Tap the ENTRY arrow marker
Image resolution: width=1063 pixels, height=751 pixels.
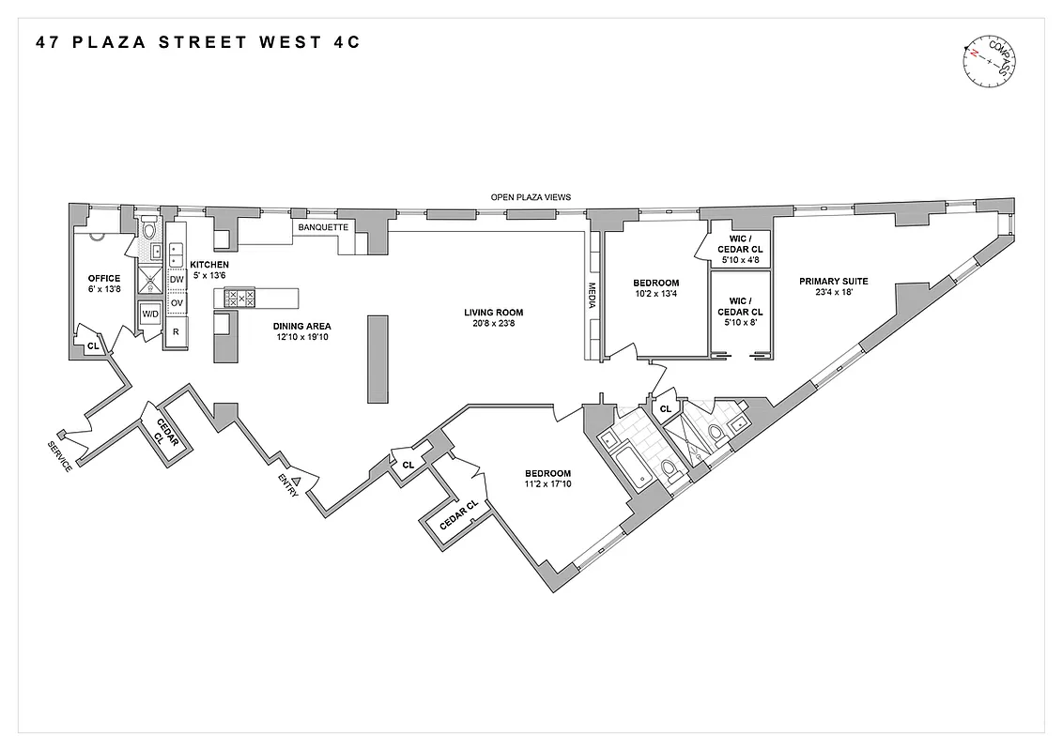coord(297,480)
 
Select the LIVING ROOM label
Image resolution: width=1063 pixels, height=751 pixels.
coord(493,313)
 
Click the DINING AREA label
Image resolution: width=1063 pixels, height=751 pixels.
coord(301,327)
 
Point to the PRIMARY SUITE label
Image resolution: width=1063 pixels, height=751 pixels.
coord(833,281)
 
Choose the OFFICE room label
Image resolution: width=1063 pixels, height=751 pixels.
coord(104,278)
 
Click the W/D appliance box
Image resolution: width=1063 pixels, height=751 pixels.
coord(151,314)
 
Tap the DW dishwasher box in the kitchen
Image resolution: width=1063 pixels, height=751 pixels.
coord(177,279)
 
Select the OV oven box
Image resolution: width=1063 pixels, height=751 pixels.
coord(177,303)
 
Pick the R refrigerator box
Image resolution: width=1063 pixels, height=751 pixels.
coord(177,331)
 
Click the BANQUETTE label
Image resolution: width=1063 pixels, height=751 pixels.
coord(323,227)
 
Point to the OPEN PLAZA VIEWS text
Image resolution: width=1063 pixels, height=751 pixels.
coord(531,197)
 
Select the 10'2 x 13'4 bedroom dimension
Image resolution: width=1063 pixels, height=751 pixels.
coord(655,295)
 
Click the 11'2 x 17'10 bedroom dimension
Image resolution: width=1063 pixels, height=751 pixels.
coord(547,484)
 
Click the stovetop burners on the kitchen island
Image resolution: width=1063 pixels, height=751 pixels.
coord(241,299)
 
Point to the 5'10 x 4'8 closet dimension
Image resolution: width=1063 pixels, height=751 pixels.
coord(740,260)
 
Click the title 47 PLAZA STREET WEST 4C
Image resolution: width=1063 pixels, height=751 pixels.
coord(198,42)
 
